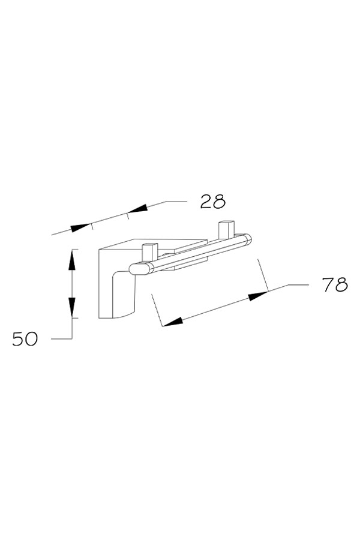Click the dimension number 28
[x=212, y=202]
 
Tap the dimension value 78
[x=335, y=285]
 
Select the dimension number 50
[x=25, y=339]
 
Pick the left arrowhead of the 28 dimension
[x=82, y=227]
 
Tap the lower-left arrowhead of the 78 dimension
[x=173, y=322]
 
